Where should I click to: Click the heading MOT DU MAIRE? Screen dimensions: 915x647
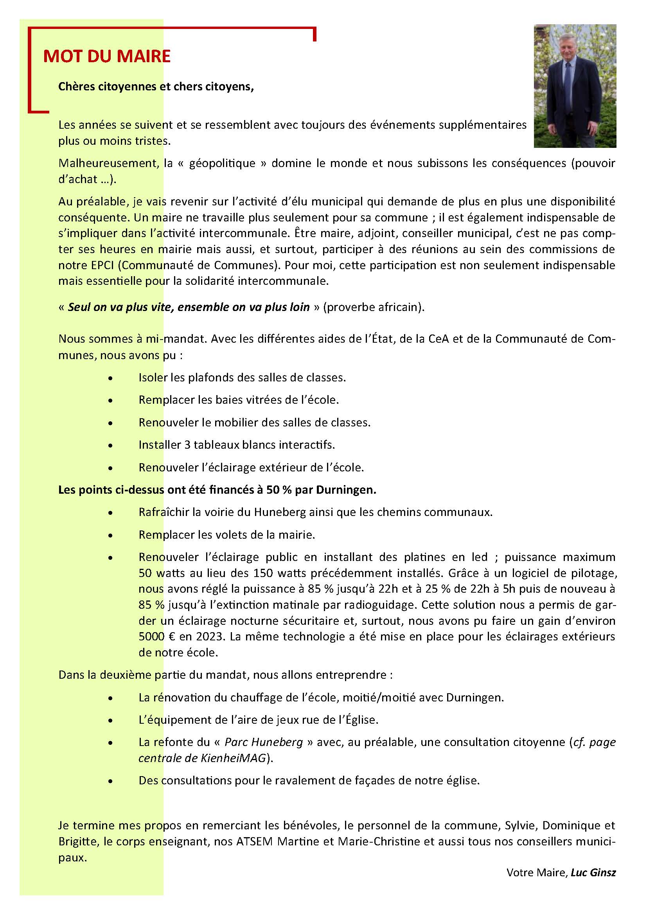coord(107,56)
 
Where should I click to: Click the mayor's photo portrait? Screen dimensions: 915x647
coord(575,86)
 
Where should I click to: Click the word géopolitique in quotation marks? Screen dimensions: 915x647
coord(222,164)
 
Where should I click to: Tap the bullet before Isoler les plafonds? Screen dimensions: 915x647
coord(110,378)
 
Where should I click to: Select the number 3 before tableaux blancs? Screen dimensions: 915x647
coord(187,445)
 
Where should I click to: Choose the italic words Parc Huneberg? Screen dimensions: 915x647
coord(264,742)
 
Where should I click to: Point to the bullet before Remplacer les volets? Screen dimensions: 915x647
coord(110,535)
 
